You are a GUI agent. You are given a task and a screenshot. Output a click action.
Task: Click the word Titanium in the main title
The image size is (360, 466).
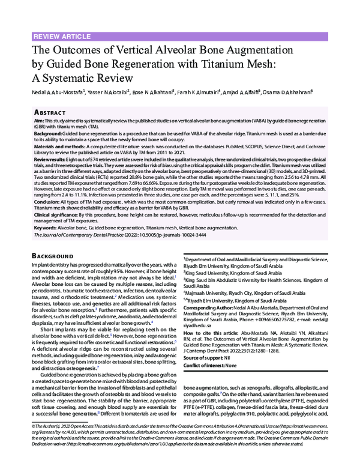coord(220,63)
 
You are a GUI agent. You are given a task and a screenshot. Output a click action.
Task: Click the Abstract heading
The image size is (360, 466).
coord(50,112)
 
